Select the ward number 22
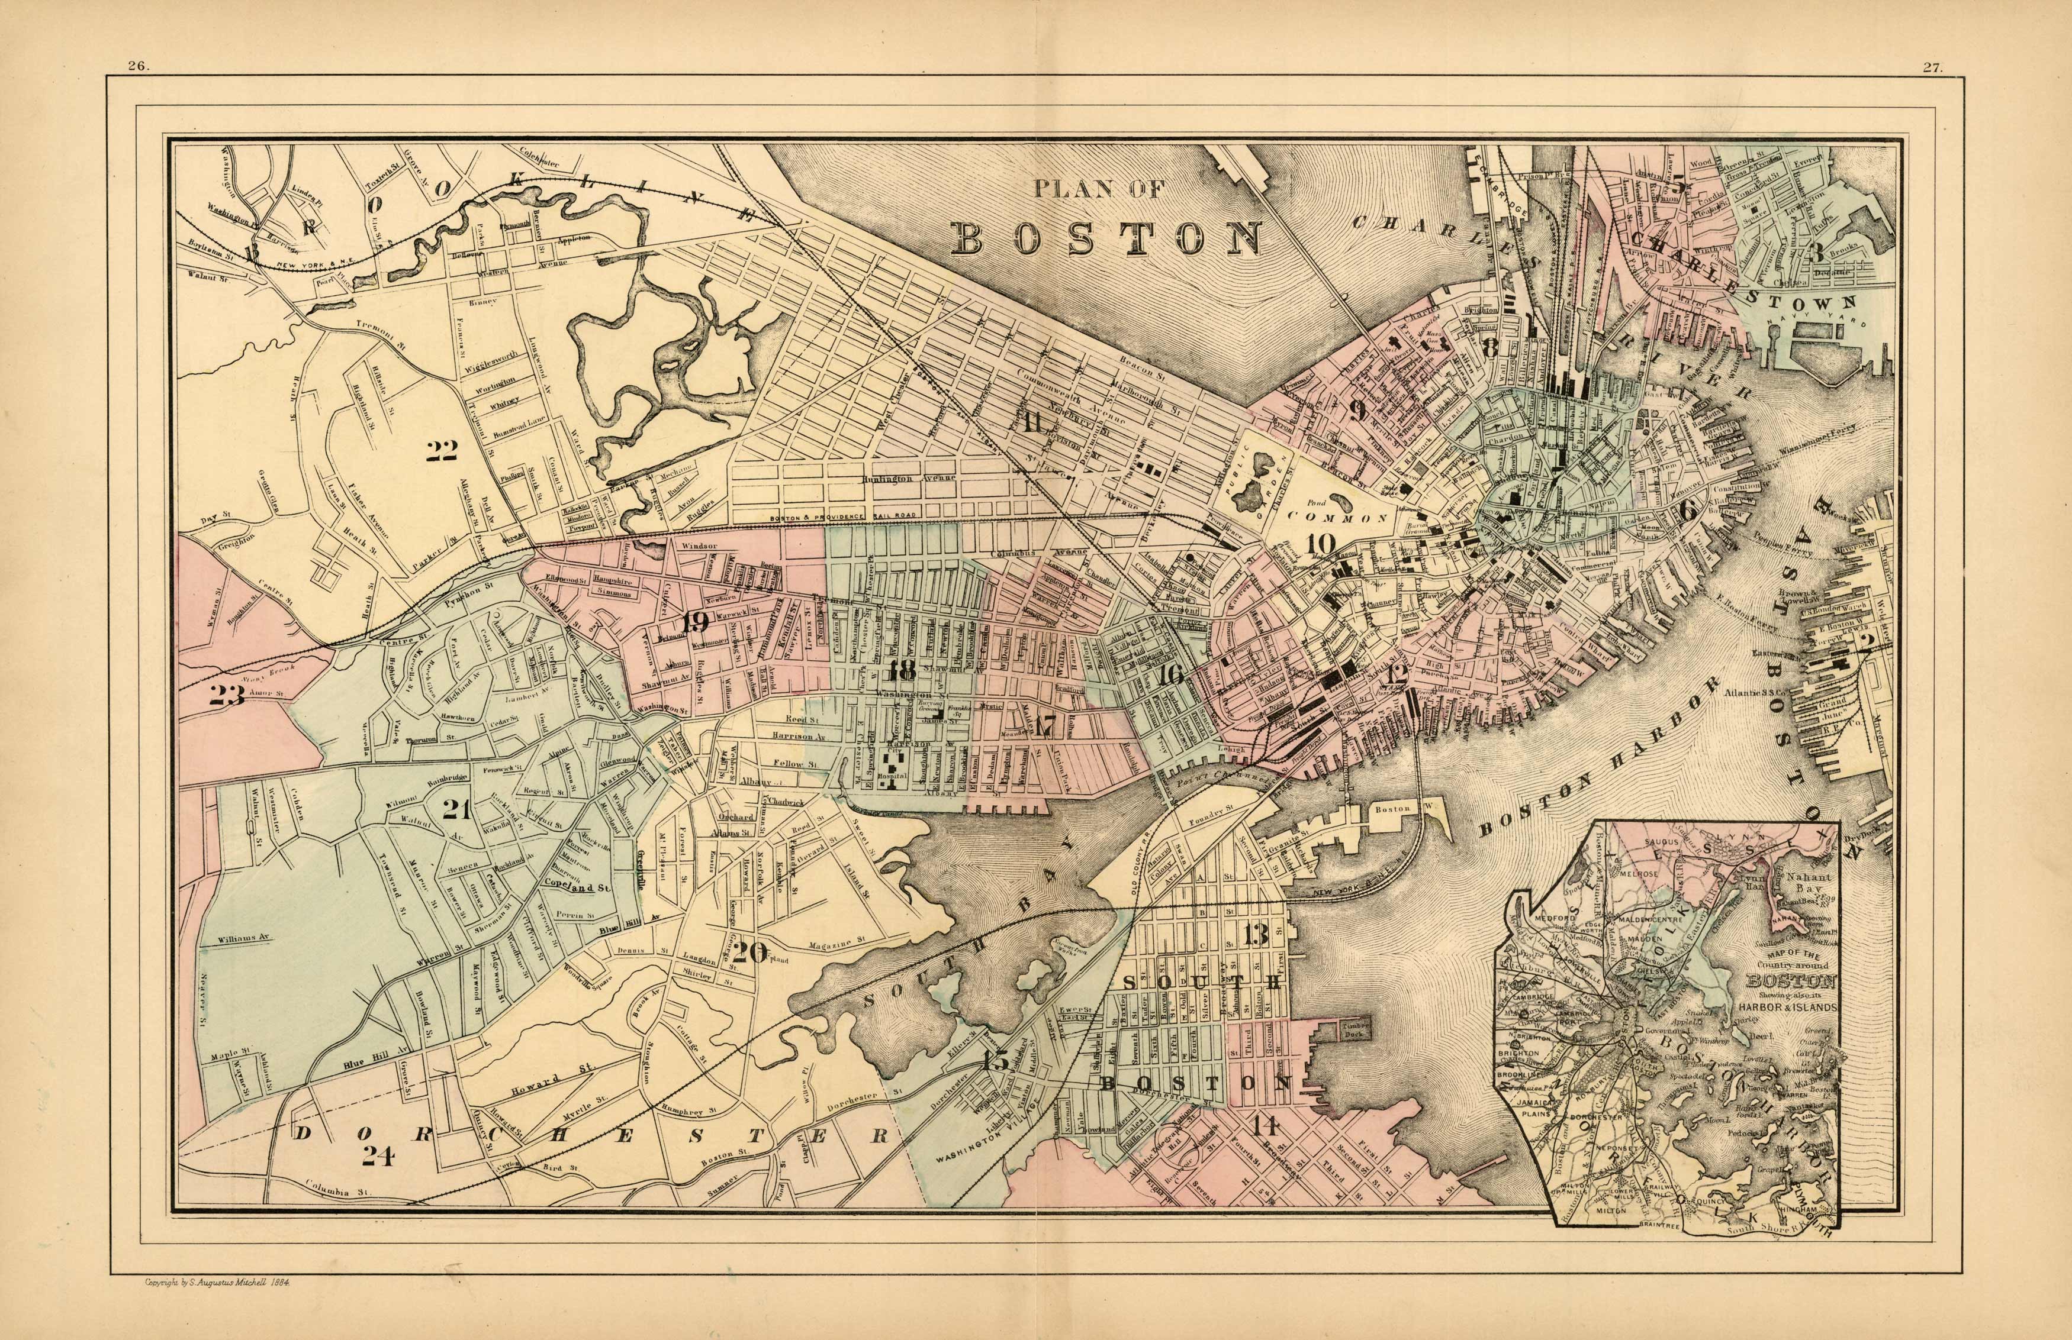442,450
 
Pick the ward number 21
456,810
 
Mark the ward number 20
751,952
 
